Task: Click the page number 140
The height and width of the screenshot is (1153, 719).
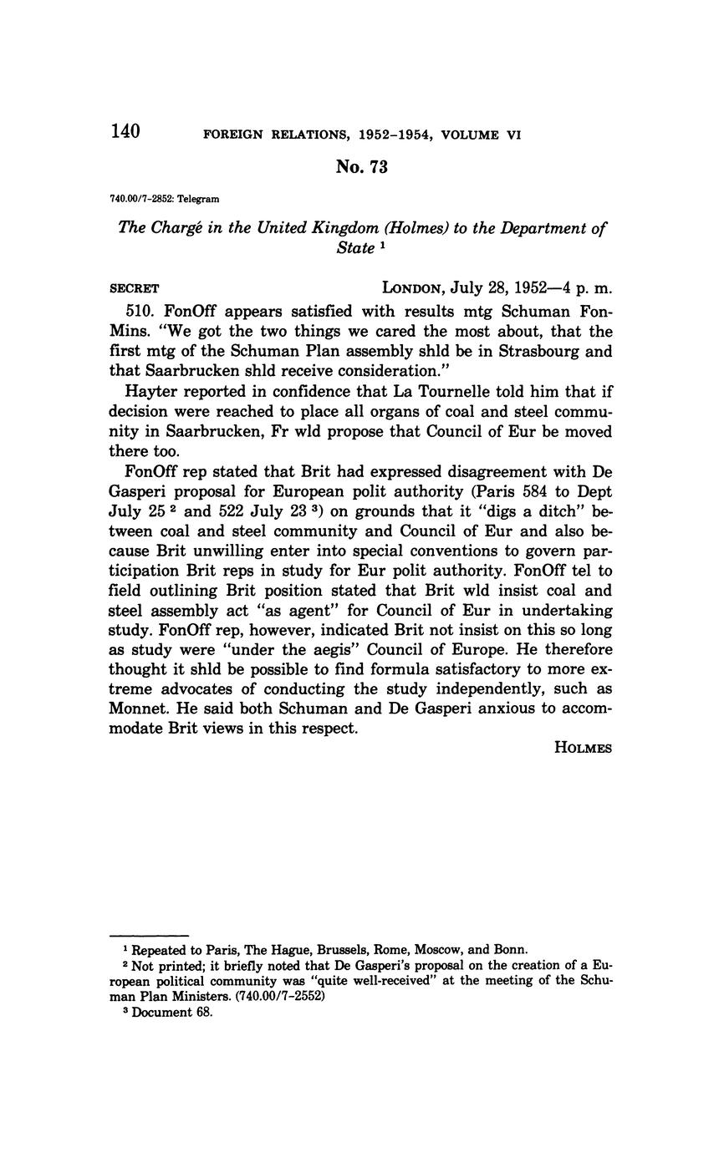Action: (125, 131)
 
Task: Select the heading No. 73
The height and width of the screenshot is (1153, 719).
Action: (361, 167)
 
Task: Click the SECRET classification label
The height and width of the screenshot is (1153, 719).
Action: (134, 288)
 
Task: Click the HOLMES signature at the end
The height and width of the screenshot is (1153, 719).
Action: (583, 748)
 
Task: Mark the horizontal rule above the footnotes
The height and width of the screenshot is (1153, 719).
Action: (150, 935)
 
